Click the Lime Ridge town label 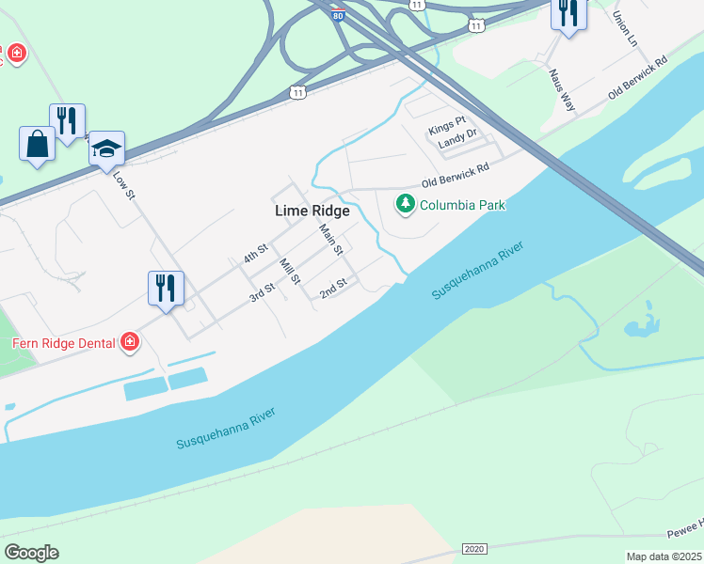pyautogui.click(x=312, y=211)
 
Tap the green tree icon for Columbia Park pyautogui.click(x=406, y=203)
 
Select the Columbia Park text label pyautogui.click(x=463, y=205)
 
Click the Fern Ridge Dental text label pyautogui.click(x=63, y=343)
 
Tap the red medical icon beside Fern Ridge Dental pyautogui.click(x=130, y=343)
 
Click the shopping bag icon pyautogui.click(x=38, y=144)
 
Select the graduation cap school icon pyautogui.click(x=106, y=148)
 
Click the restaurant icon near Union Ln pyautogui.click(x=568, y=13)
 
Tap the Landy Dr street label pyautogui.click(x=459, y=144)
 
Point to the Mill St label pyautogui.click(x=289, y=272)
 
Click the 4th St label pyautogui.click(x=256, y=254)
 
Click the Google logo pyautogui.click(x=31, y=553)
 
